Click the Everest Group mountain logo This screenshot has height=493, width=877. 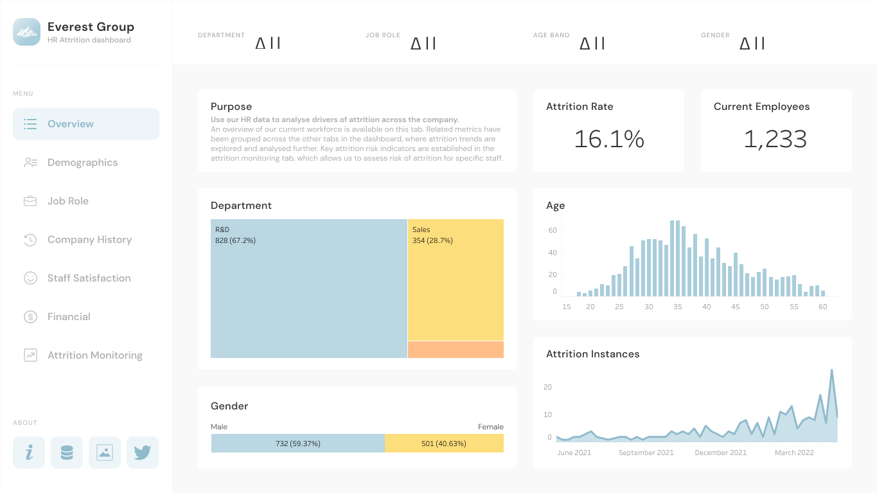(26, 32)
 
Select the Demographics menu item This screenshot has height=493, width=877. (82, 163)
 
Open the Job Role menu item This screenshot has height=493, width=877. (67, 201)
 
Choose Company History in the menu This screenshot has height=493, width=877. (89, 240)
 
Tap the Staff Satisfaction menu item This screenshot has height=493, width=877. (89, 278)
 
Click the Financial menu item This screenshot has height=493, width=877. (69, 317)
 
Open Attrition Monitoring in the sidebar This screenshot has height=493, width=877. (94, 355)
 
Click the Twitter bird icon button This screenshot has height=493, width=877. (143, 453)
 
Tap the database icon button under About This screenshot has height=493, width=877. (67, 453)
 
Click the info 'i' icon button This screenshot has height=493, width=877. (29, 453)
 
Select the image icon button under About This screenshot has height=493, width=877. (105, 453)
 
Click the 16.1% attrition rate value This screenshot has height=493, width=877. (608, 139)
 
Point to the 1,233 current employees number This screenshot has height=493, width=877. (775, 139)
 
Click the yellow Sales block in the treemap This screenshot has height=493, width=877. (456, 280)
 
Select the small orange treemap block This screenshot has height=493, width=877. (456, 350)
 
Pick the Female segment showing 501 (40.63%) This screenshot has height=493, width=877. (444, 444)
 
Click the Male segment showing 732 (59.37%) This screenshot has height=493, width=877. (297, 444)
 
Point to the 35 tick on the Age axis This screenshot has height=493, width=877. (678, 307)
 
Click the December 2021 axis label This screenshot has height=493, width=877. (721, 453)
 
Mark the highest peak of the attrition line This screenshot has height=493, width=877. (832, 370)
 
